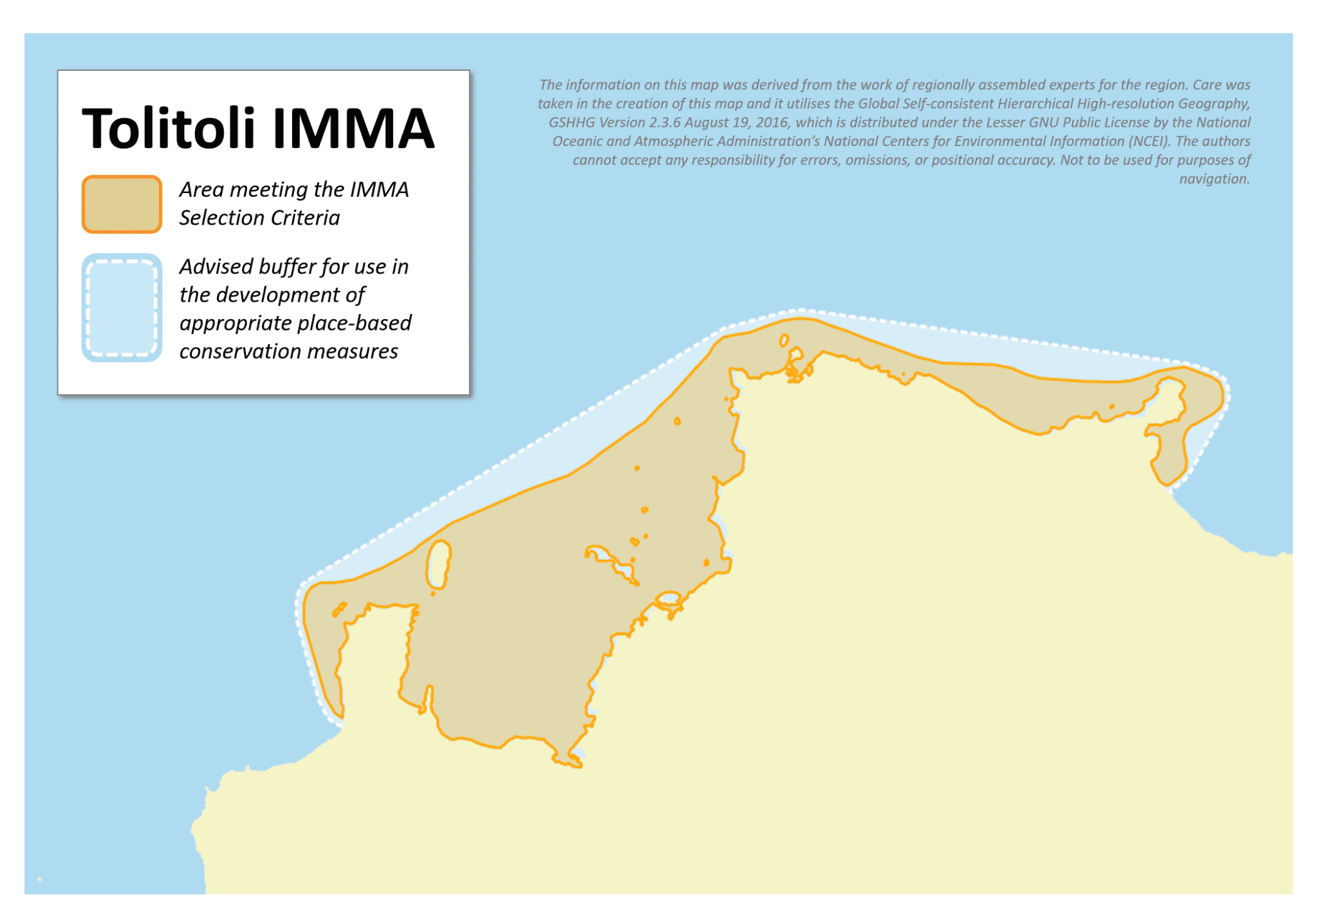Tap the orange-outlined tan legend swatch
tap(122, 204)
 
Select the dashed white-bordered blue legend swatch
tap(122, 308)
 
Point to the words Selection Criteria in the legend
tap(259, 218)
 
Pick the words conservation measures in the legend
tap(288, 351)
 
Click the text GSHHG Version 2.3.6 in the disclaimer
tap(614, 123)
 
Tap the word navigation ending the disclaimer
tap(1214, 179)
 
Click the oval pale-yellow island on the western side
tap(439, 564)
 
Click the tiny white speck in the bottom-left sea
tap(40, 879)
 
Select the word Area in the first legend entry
tap(201, 190)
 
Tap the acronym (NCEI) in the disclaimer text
tap(1148, 142)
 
